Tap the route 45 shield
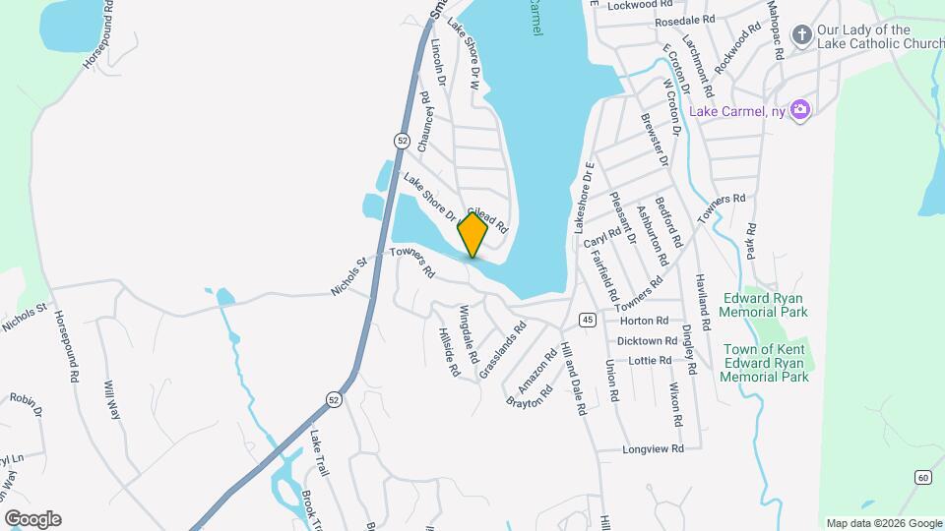pos(587,320)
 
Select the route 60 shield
pos(921,477)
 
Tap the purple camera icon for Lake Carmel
pos(801,109)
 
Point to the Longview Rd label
pos(653,449)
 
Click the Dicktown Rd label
pos(643,341)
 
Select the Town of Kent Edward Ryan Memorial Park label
pos(766,363)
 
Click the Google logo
pos(31,519)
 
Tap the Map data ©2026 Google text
pos(882,523)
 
